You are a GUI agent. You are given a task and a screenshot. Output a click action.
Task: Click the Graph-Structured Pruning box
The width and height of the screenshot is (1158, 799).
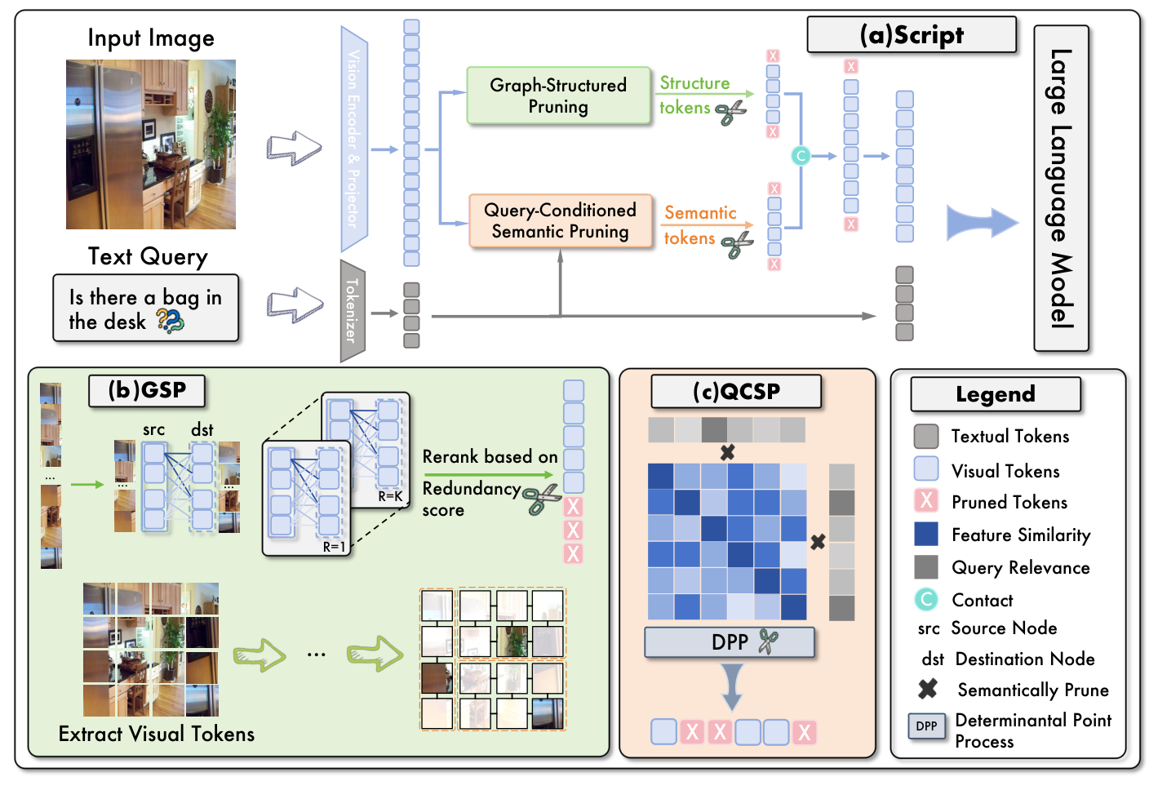point(558,95)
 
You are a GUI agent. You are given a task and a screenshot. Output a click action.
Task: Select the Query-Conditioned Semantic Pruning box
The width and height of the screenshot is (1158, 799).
point(560,220)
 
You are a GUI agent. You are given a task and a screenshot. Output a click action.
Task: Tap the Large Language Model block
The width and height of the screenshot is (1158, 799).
point(1061,189)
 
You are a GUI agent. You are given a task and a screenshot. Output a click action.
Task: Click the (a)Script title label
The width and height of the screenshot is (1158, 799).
point(912,35)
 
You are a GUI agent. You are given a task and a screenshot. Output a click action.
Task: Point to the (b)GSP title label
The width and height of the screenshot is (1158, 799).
point(147,390)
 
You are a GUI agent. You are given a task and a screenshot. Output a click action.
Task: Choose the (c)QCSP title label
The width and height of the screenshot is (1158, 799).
point(736,392)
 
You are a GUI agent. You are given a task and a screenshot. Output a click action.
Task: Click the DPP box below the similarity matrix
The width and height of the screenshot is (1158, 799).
point(730,642)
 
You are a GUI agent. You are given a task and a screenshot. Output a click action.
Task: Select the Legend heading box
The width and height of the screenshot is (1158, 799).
point(995,394)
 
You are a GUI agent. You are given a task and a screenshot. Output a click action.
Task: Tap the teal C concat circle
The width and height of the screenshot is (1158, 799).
point(801,155)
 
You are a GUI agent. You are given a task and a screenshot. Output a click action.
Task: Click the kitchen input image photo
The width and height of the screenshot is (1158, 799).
point(151,144)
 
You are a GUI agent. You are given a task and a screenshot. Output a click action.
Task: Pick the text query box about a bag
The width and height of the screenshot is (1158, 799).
point(145,309)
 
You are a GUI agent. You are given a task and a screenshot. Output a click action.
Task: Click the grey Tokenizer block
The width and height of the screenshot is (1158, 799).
point(352,311)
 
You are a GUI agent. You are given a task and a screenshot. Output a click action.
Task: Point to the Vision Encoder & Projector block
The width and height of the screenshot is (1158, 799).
point(353,139)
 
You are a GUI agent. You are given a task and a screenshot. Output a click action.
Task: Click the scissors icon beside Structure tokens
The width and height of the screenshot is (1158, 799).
point(731,112)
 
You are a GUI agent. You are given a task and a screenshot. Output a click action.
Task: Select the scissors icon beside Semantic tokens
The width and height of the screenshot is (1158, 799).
point(737,243)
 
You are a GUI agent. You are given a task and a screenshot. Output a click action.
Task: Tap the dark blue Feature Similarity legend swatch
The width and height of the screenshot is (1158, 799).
point(926,534)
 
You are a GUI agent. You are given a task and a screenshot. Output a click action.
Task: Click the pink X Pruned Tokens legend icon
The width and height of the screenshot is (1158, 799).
point(926,500)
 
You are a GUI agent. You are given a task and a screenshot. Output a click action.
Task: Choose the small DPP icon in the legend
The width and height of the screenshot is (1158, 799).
point(926,726)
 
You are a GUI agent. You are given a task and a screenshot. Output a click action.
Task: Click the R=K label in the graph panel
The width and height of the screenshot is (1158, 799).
point(390,496)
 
